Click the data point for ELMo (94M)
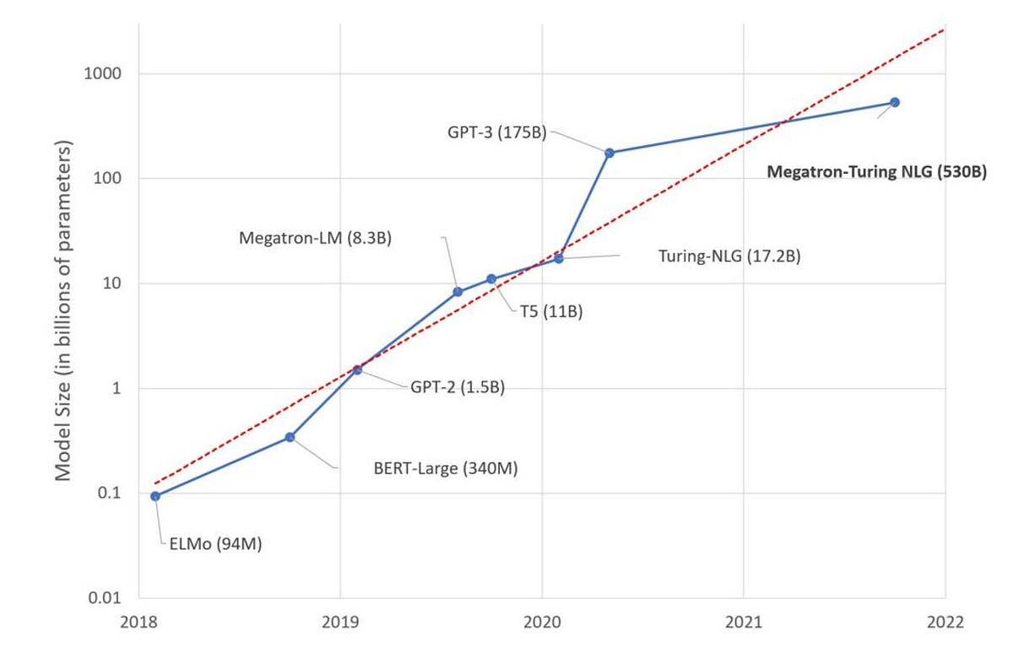(155, 496)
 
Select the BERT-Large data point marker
(290, 437)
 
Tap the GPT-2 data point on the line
(357, 370)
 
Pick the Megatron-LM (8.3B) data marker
(458, 292)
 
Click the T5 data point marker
(491, 279)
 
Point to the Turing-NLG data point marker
(558, 258)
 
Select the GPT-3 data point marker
(609, 153)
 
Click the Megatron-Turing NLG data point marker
(895, 102)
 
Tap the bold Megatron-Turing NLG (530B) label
(876, 171)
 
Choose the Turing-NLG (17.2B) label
(729, 255)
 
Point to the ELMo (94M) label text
(210, 544)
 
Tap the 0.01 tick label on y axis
(107, 598)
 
